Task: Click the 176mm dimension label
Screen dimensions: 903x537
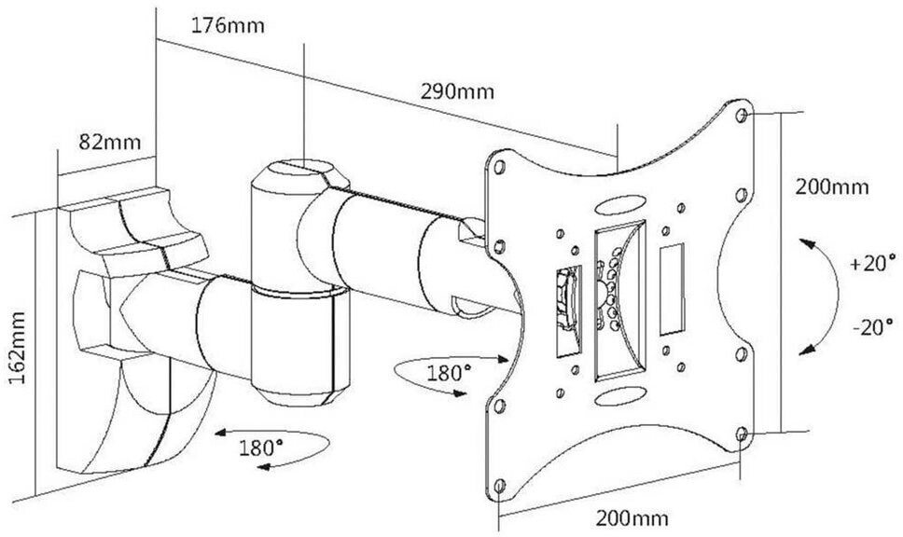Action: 228,25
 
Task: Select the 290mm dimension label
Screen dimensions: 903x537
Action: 457,91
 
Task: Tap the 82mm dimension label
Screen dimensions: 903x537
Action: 109,142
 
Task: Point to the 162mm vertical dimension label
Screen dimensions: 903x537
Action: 18,349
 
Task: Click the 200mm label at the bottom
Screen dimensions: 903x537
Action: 632,518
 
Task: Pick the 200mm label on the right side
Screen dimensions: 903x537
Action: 832,187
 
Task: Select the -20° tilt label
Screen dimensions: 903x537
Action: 874,327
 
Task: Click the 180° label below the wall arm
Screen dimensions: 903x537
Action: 261,447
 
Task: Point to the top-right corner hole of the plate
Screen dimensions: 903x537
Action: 743,117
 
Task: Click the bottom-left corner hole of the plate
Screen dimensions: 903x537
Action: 499,487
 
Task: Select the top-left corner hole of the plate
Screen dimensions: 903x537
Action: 499,167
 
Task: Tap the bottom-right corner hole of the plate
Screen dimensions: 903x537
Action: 743,434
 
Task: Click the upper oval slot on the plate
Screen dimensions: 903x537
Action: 621,204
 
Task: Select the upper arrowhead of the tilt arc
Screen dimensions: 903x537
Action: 808,244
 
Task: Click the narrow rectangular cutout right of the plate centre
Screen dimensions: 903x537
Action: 672,290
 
